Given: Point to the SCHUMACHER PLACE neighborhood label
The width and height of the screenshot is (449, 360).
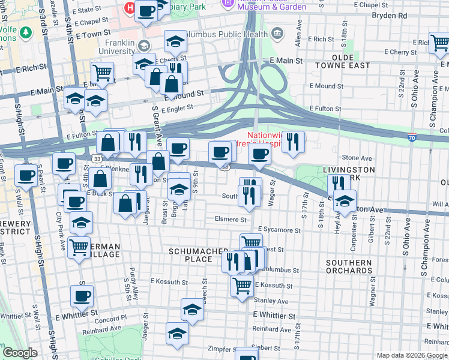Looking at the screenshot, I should [x=199, y=254].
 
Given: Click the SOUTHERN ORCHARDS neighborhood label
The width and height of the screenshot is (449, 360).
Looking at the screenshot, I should [x=349, y=266].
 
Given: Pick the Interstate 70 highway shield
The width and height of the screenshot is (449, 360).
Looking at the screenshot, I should [x=412, y=137].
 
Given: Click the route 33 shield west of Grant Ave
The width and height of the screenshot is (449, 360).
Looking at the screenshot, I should [x=97, y=158].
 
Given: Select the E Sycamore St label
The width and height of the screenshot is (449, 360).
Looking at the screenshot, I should [x=279, y=230].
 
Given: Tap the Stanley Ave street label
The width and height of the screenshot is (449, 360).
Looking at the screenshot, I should [x=271, y=301].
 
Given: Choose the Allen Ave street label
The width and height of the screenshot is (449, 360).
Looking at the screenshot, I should [x=297, y=38].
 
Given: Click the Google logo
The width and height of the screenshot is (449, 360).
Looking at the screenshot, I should [x=20, y=353].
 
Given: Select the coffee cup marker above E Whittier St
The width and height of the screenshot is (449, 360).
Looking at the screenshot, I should [x=82, y=295].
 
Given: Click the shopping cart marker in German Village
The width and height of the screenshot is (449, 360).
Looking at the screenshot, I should [x=79, y=247].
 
